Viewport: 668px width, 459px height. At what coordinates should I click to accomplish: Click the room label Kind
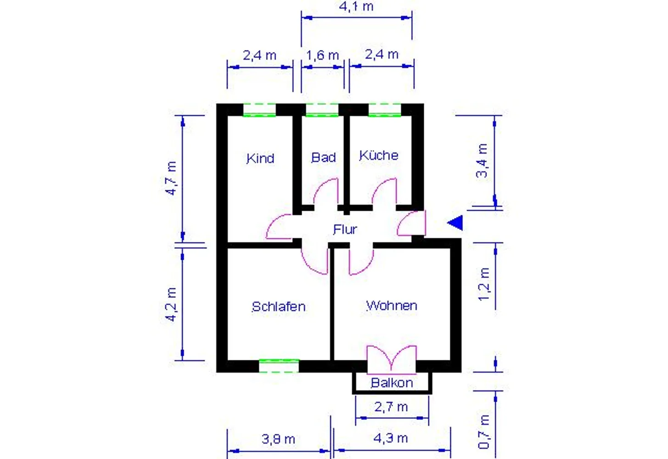260,158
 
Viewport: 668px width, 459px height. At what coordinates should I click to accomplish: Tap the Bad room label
324,157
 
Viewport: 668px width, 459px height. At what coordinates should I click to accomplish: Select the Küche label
379,155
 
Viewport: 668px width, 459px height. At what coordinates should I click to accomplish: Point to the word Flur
345,229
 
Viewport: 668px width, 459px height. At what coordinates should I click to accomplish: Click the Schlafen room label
279,307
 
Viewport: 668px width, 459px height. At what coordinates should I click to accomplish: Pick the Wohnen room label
392,306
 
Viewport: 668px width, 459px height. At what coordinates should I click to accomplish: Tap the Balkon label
392,383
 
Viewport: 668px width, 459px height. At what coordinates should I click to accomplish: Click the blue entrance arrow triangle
455,223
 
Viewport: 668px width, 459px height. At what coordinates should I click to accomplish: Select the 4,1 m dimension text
356,6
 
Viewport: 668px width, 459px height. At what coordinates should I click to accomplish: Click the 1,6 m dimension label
323,55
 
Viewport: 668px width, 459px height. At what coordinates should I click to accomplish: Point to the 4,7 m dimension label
171,178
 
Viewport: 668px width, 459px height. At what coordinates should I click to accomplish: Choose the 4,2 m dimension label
171,305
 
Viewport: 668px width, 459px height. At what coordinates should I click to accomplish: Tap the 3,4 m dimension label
482,161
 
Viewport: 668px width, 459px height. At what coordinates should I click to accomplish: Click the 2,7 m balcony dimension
391,407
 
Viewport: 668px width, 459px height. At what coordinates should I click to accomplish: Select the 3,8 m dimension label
278,439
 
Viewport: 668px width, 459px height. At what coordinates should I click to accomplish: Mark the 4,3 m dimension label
391,438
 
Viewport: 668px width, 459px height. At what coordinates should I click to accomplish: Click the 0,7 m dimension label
484,431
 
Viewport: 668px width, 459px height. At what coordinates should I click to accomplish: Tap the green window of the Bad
322,110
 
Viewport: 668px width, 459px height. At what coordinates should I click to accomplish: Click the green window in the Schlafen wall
279,366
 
